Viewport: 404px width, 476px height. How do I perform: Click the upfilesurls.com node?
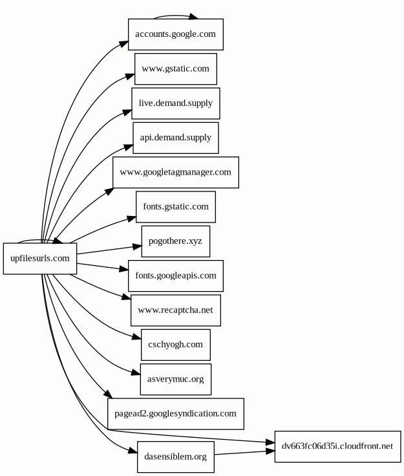pos(40,259)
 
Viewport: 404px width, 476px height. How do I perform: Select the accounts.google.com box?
pos(175,34)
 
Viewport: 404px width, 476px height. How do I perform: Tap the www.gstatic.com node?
pos(175,69)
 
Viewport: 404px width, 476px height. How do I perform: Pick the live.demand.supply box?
pos(175,103)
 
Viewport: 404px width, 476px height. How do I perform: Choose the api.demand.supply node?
pos(175,138)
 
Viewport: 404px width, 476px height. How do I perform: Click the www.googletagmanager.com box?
pos(175,173)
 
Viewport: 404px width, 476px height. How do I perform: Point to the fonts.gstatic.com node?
pos(175,207)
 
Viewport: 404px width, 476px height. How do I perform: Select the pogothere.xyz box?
pos(175,241)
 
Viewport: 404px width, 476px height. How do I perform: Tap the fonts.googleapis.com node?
pos(175,276)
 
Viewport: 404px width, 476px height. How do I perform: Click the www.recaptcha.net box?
pos(175,310)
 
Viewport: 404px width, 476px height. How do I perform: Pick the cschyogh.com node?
pos(175,345)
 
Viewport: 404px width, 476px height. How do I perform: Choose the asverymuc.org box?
pos(175,379)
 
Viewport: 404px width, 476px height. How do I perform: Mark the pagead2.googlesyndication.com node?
pos(175,414)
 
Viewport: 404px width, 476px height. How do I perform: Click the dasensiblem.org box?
pos(175,457)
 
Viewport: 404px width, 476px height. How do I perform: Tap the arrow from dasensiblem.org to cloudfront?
pos(242,451)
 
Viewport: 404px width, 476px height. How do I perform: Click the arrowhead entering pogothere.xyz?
pos(136,246)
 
